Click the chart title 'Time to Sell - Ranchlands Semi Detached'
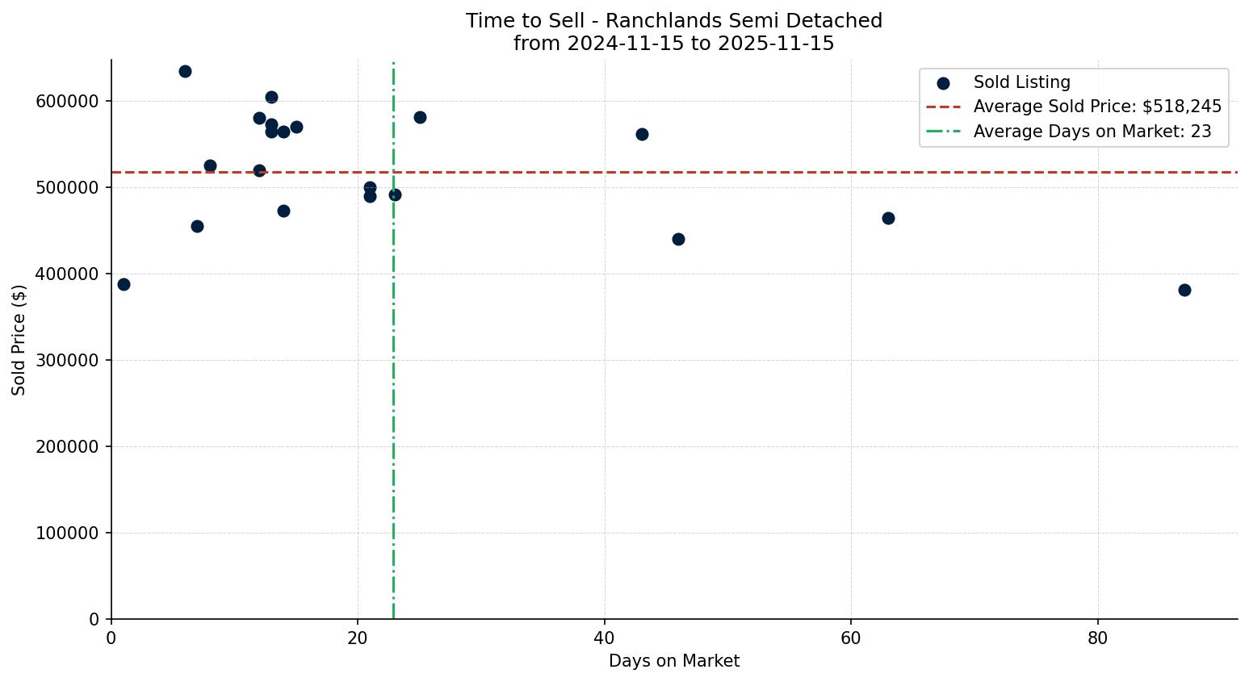tap(673, 21)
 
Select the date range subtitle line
tap(673, 44)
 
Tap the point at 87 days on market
tap(1184, 290)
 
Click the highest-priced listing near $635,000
tap(185, 71)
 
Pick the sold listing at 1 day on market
tap(124, 284)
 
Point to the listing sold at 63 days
tap(888, 218)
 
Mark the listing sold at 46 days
tap(678, 239)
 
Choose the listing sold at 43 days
tap(642, 134)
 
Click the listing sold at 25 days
tap(420, 117)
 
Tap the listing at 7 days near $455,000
tap(197, 226)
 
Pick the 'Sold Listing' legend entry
tap(1021, 82)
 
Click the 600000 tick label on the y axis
tap(67, 101)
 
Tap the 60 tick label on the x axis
tap(851, 638)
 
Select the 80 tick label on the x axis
tap(1097, 638)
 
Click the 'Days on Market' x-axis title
tap(673, 661)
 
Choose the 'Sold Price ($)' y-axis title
tap(19, 340)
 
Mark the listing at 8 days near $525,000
tap(210, 165)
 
